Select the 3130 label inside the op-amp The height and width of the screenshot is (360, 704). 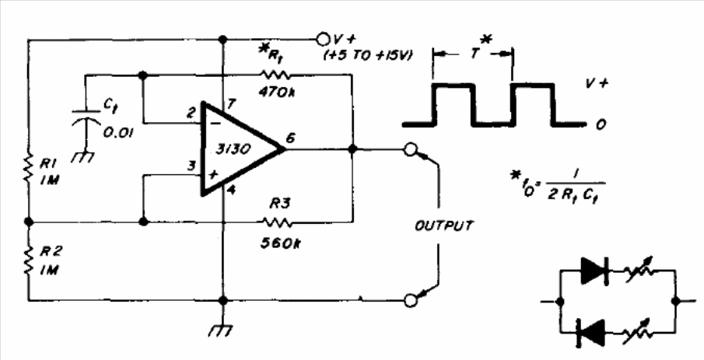(233, 150)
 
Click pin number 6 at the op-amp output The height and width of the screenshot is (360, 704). (290, 138)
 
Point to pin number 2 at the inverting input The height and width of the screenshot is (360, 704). (191, 113)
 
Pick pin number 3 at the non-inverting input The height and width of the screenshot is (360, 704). (191, 166)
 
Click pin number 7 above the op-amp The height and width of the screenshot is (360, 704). (231, 104)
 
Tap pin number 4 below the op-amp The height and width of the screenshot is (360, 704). (231, 190)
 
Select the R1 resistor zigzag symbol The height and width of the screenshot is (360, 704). (29, 168)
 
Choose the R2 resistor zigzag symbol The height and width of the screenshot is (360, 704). (29, 260)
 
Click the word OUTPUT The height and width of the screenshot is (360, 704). (443, 225)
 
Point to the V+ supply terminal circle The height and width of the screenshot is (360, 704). (322, 40)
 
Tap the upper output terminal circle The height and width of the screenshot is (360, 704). (410, 149)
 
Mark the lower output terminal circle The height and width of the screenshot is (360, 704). (411, 300)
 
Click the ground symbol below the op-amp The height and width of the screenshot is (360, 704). (222, 331)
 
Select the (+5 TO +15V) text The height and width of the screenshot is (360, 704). (368, 56)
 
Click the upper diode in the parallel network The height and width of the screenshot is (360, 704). (594, 271)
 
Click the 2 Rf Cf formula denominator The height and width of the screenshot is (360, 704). (576, 197)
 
